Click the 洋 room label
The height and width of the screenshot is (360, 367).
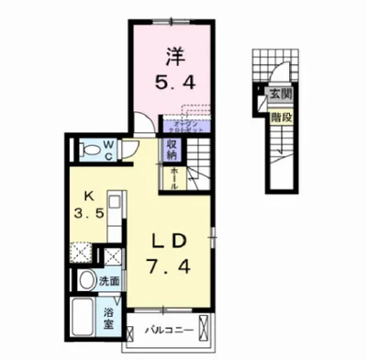172,56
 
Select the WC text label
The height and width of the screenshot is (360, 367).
107,149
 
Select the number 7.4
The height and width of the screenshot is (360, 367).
172,273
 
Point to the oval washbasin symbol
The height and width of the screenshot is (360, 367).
86,280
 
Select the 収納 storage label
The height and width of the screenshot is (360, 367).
172,150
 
